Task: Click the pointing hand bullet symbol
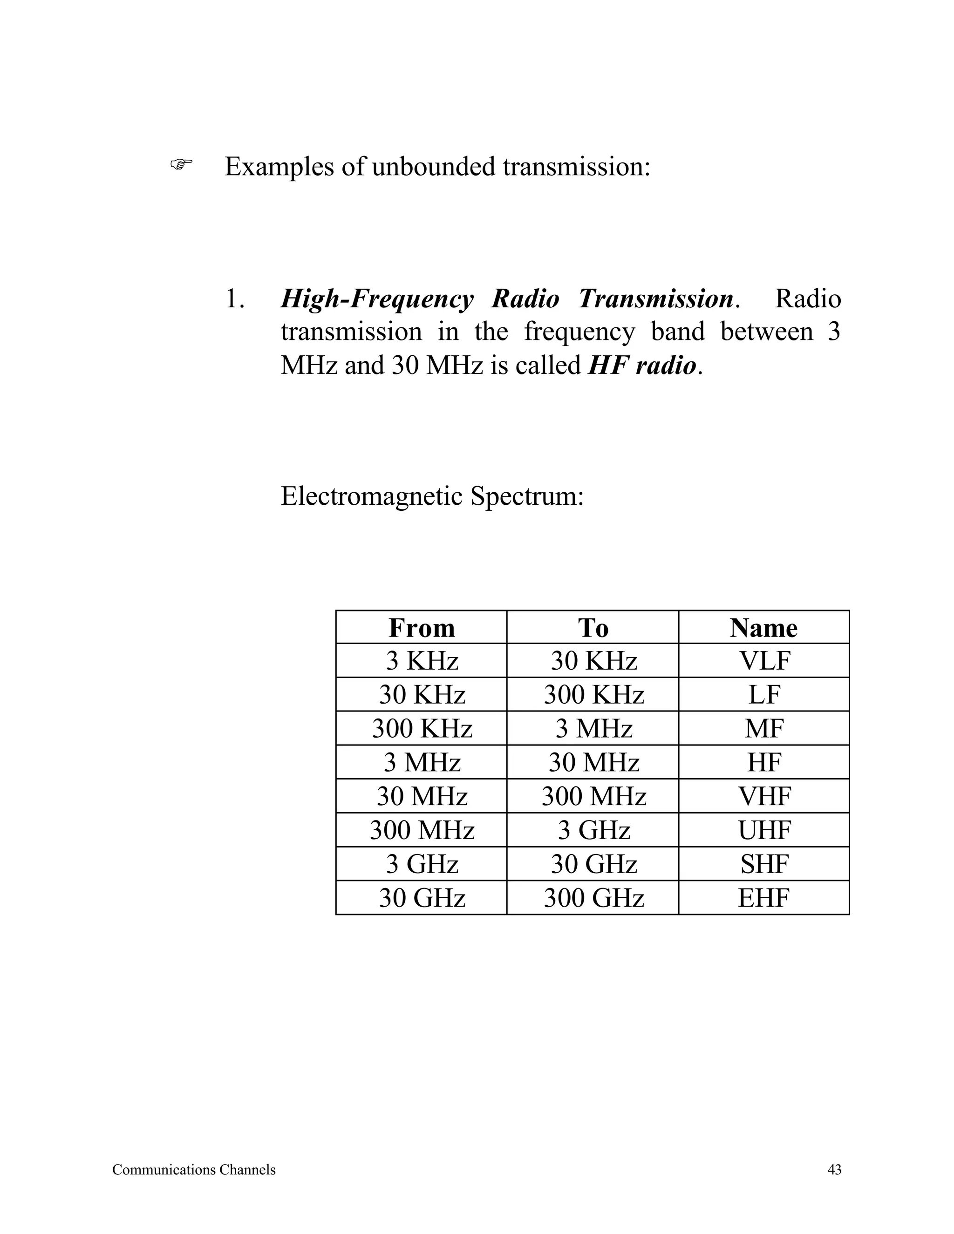pos(181,165)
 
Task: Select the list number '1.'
pos(235,299)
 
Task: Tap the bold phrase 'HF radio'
pos(642,366)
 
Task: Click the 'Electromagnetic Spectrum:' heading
pos(432,497)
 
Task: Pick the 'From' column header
pos(422,628)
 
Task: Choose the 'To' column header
pos(593,628)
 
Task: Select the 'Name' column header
pos(763,628)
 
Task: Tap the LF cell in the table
pos(764,695)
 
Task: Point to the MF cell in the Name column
pos(764,729)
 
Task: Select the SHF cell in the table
pos(764,864)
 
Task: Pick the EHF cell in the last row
pos(764,898)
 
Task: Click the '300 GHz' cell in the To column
pos(593,898)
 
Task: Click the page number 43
pos(834,1170)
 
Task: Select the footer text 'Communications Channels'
pos(194,1170)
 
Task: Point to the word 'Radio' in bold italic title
pos(525,299)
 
